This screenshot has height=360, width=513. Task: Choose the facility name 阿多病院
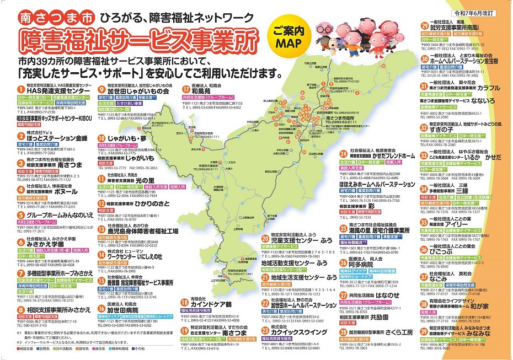coord(360,264)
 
